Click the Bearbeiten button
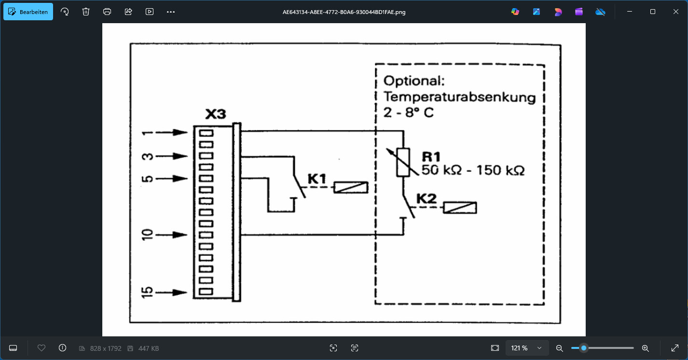click(x=28, y=12)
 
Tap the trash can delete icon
click(x=86, y=12)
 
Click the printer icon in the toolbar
click(x=107, y=12)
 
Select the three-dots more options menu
click(x=171, y=12)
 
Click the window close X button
click(x=675, y=12)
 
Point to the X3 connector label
click(x=215, y=115)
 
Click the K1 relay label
click(x=317, y=180)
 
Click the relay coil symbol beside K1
click(x=351, y=188)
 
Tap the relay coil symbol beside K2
click(x=460, y=208)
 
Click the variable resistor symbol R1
click(x=403, y=162)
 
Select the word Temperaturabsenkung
click(x=459, y=97)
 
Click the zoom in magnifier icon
click(x=645, y=348)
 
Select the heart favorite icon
click(x=41, y=348)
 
